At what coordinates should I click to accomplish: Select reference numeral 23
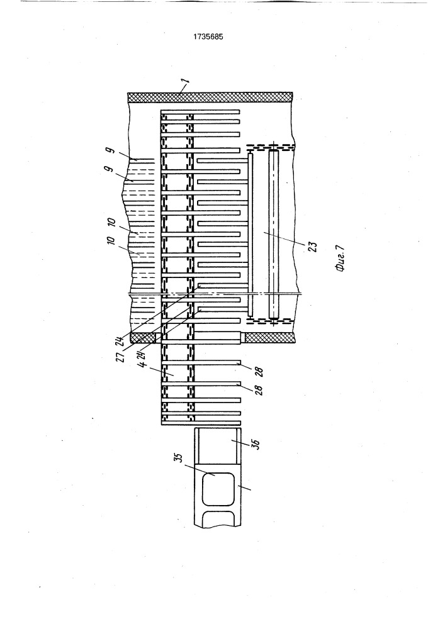coord(313,245)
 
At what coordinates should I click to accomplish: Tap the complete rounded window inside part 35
coord(218,489)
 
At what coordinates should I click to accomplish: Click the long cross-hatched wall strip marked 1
coord(210,97)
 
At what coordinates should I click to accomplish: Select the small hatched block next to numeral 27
coord(143,338)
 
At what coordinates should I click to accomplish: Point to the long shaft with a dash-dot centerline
coord(274,234)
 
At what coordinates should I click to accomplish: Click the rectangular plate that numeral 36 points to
coord(218,445)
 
